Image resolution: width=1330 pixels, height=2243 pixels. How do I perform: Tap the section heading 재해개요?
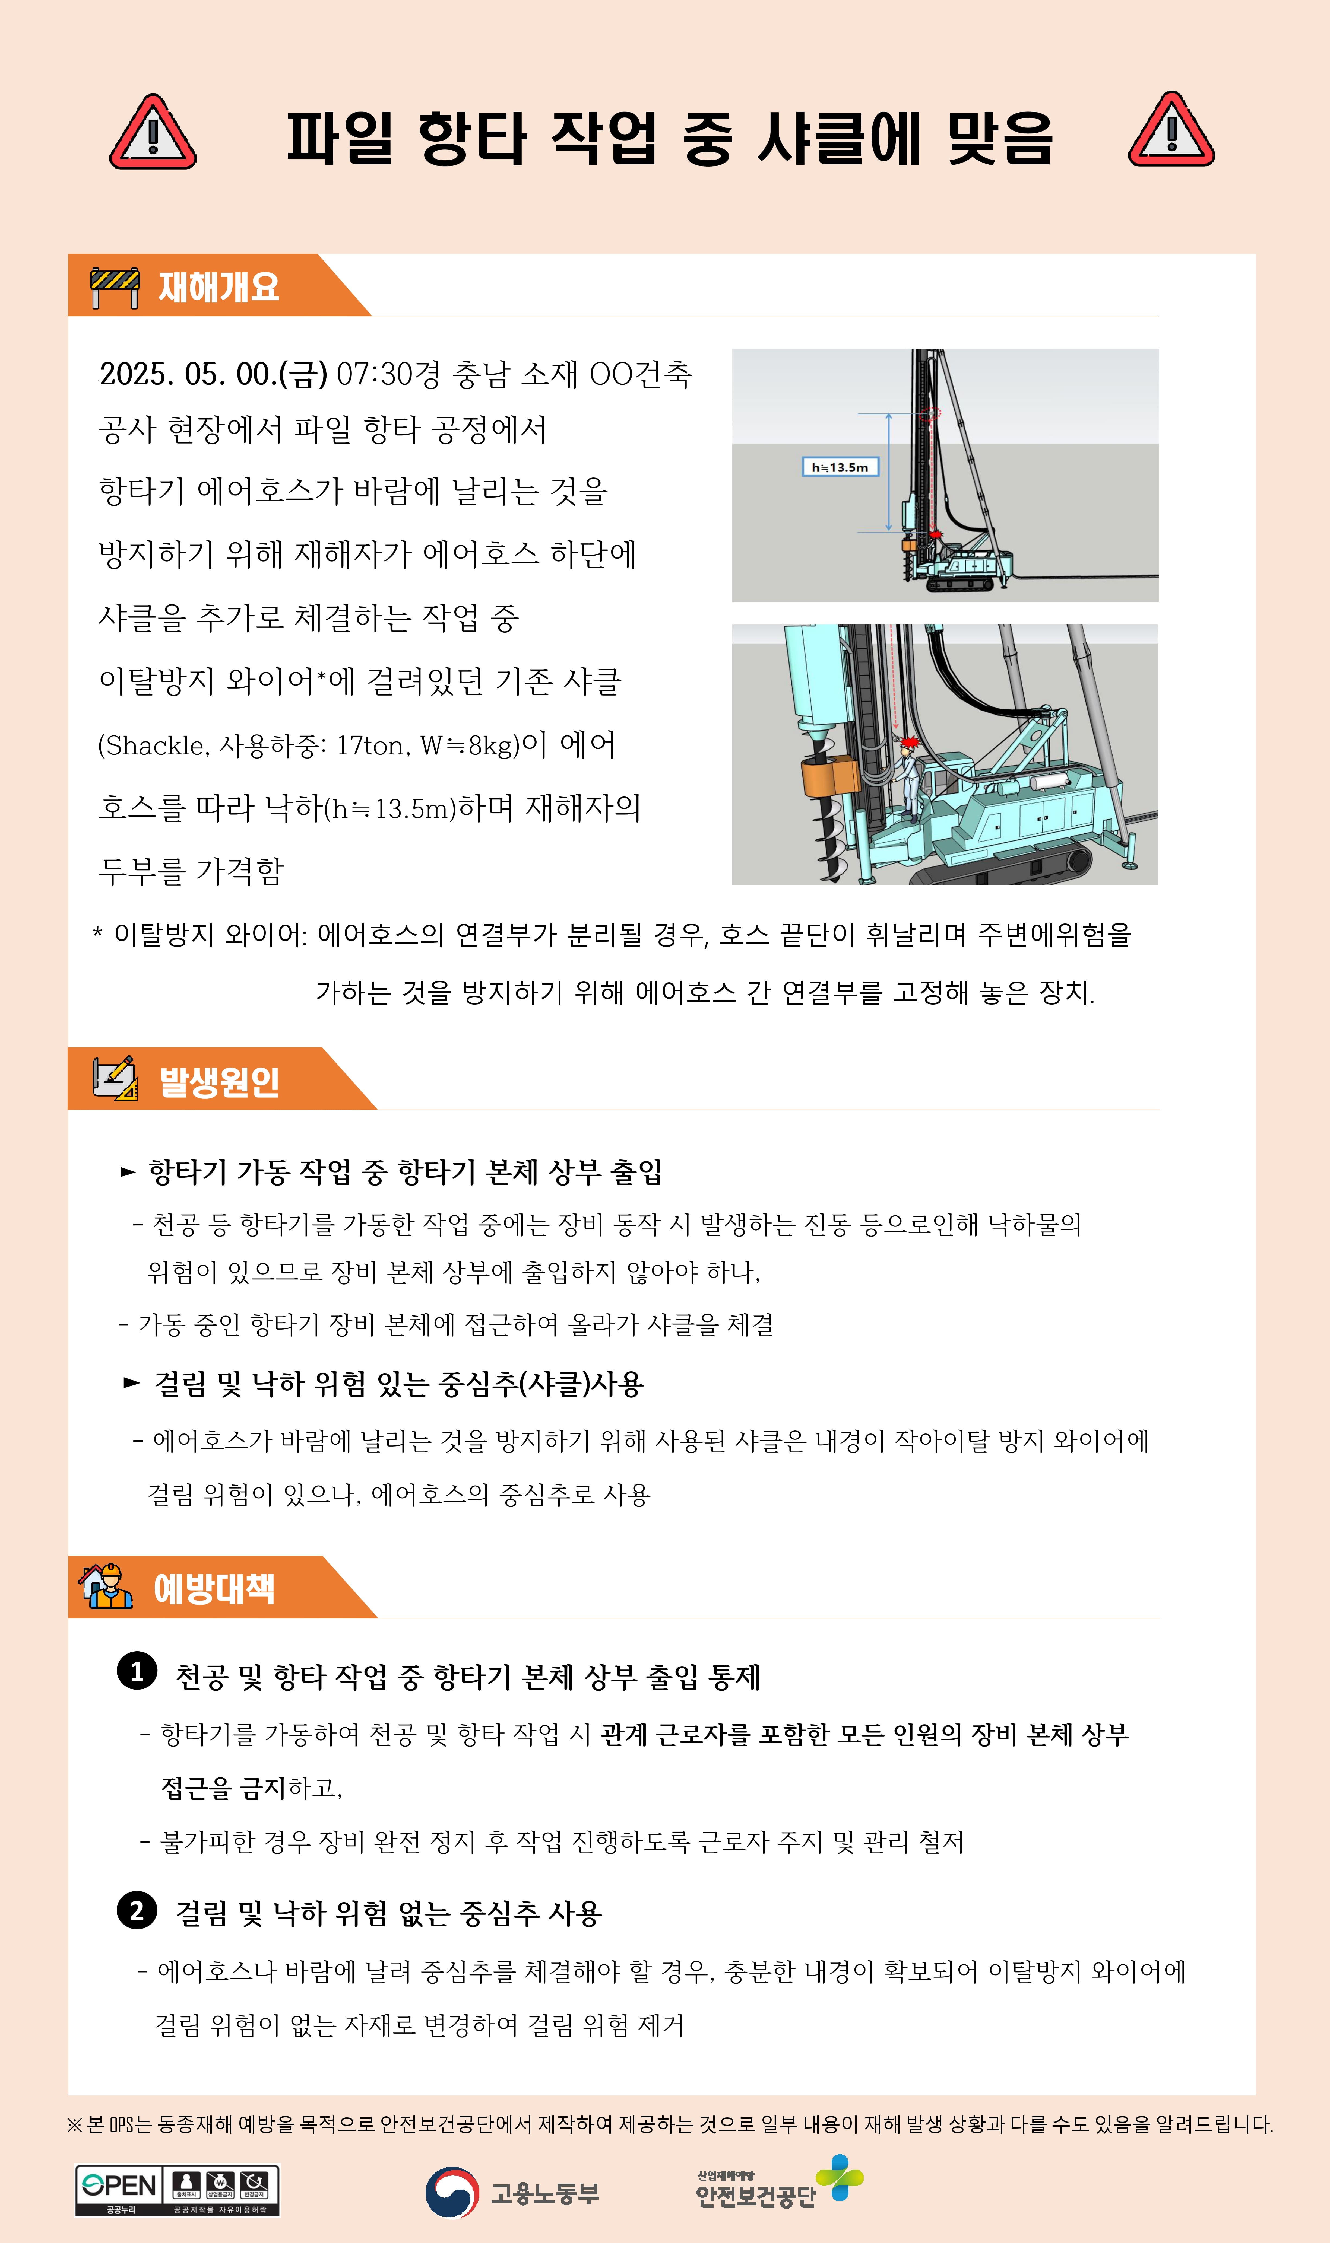tap(219, 287)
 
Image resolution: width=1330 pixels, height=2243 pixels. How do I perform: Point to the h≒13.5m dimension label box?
tap(840, 467)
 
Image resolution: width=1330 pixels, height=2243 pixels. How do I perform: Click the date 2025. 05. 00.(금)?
tap(213, 374)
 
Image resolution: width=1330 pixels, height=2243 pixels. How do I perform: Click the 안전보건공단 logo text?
tap(755, 2196)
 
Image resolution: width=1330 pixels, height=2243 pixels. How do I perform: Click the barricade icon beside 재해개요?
tap(115, 287)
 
